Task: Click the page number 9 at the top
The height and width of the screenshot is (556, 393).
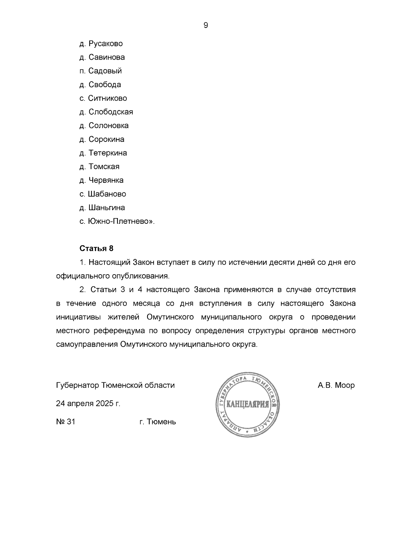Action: (206, 25)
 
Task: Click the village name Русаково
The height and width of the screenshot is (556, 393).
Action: (105, 44)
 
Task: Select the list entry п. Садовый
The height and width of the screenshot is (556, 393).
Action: (101, 71)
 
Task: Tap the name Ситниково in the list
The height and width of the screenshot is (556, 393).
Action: (107, 98)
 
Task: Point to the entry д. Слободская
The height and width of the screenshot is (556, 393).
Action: (106, 112)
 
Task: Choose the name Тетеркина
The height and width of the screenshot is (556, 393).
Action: (108, 153)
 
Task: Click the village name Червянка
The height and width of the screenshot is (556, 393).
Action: (106, 180)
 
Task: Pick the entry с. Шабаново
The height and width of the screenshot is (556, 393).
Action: (103, 194)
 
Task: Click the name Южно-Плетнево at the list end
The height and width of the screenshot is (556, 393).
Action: (120, 221)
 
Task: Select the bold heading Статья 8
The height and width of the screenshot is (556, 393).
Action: (96, 248)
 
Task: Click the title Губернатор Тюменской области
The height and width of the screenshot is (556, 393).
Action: (115, 385)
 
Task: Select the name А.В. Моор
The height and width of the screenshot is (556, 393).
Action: (336, 385)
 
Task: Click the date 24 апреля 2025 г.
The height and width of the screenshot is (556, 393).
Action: (88, 404)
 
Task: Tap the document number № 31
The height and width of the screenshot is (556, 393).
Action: (65, 422)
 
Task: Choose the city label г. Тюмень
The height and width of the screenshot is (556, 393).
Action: (158, 422)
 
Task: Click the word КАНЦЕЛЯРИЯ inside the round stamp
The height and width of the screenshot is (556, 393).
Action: (248, 404)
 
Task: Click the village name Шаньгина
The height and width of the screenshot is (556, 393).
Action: (106, 208)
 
